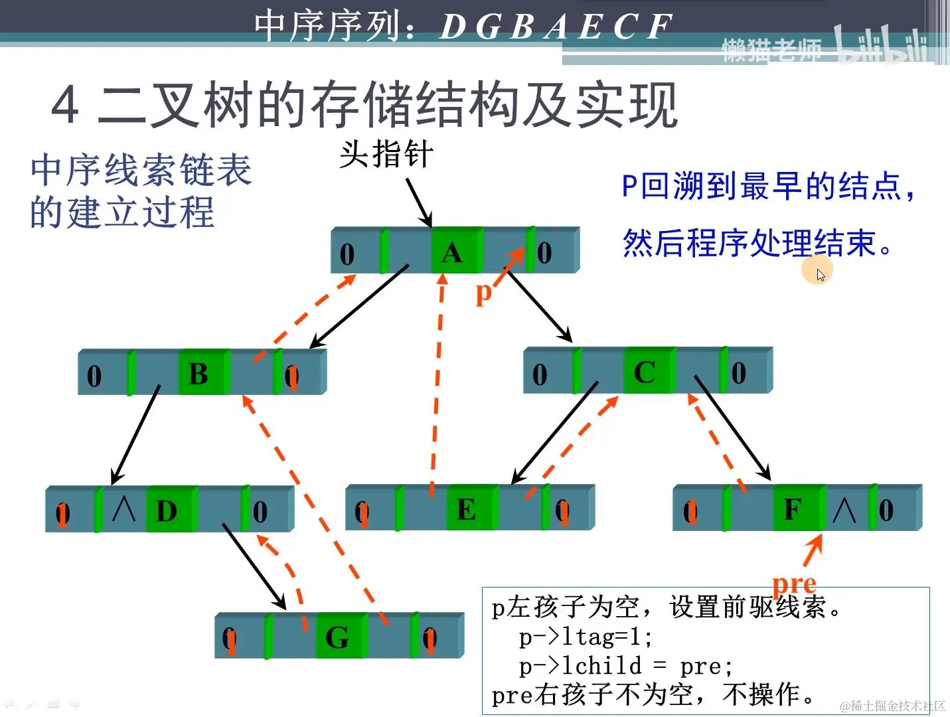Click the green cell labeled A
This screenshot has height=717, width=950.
(456, 251)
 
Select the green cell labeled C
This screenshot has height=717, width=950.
(648, 371)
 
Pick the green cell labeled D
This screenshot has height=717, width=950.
(171, 510)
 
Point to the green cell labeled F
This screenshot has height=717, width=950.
(798, 509)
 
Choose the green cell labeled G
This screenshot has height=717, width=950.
(341, 636)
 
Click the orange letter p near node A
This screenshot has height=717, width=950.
(485, 292)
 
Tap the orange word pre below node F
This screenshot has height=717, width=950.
(794, 584)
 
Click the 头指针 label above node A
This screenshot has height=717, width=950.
(386, 155)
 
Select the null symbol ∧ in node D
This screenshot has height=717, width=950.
(124, 509)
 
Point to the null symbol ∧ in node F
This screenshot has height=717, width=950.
(844, 510)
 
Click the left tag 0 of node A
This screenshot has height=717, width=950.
(347, 254)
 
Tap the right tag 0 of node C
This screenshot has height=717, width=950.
(738, 372)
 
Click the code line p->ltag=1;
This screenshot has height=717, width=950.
(586, 637)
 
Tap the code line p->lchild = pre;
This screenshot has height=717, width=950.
(625, 665)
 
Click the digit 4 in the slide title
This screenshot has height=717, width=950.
(66, 105)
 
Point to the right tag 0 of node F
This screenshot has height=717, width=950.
(886, 510)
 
